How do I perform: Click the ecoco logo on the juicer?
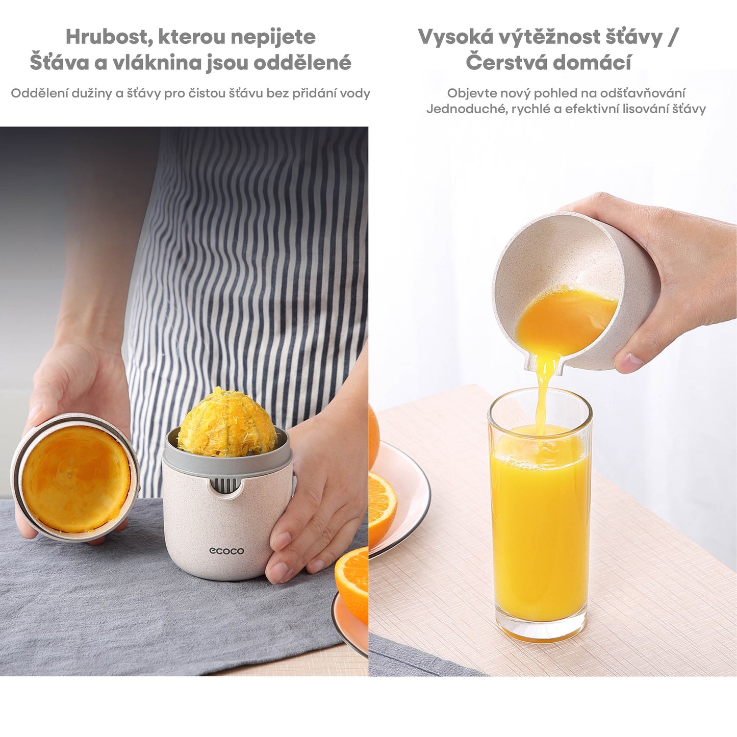226,551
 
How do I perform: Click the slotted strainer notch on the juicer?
224,485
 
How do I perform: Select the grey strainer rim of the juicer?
227,459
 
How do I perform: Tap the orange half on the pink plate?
382,507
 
